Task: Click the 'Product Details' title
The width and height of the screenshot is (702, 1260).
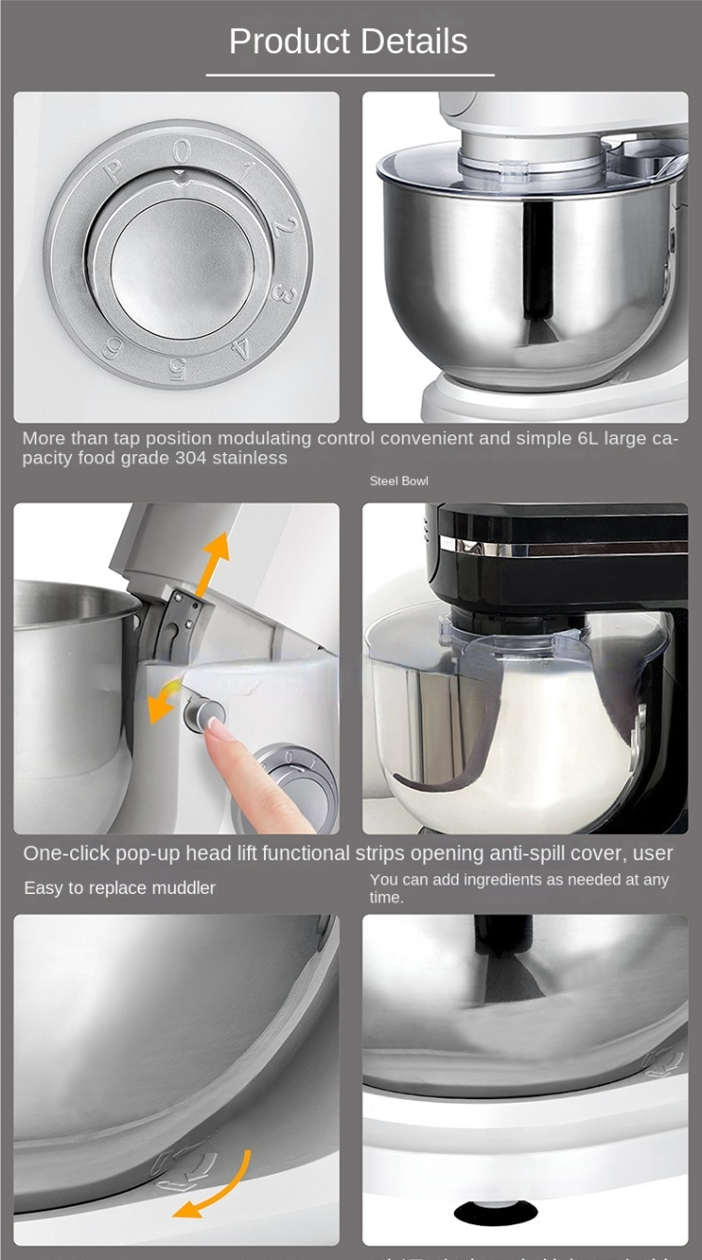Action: pyautogui.click(x=348, y=42)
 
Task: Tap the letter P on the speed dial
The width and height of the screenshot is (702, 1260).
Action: pyautogui.click(x=112, y=170)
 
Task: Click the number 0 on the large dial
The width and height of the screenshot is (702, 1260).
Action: pyautogui.click(x=182, y=150)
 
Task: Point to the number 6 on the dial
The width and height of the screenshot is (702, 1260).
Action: pyautogui.click(x=113, y=347)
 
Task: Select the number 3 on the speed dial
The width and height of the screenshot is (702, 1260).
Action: pyautogui.click(x=279, y=292)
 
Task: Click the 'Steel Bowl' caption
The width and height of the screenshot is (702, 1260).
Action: pyautogui.click(x=399, y=481)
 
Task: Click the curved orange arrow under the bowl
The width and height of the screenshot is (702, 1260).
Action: pyautogui.click(x=217, y=1189)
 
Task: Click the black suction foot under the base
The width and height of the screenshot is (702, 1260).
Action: pyautogui.click(x=496, y=1212)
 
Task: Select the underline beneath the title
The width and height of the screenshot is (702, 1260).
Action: pyautogui.click(x=350, y=75)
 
